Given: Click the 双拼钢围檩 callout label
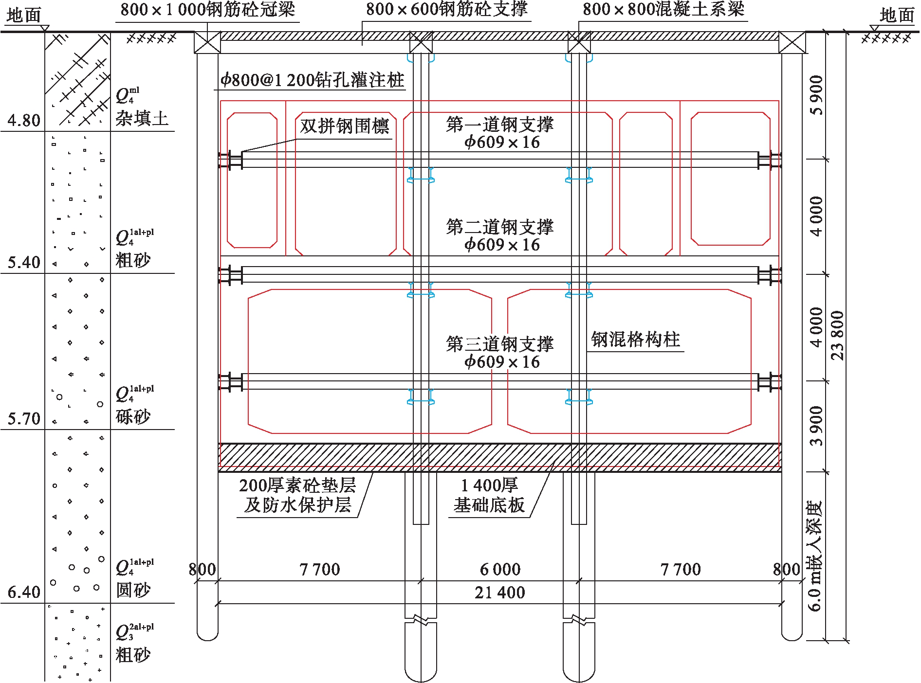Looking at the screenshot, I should tap(344, 126).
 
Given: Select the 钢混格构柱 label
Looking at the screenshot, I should tap(635, 340).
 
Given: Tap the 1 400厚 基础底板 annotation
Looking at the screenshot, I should tap(489, 495).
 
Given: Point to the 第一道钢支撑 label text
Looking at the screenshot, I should tap(500, 125).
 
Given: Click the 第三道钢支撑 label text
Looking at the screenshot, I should tap(500, 344).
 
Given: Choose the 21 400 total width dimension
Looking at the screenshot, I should tap(500, 593).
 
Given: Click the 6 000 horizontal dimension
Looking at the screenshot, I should tap(500, 569).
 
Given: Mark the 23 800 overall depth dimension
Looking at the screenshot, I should tap(837, 336).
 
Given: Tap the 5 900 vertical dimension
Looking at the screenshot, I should tap(816, 95).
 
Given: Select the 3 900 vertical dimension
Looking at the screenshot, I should tap(816, 426).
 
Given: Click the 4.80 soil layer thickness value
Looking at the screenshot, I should tap(24, 120).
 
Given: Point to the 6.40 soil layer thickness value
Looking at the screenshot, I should tap(24, 592).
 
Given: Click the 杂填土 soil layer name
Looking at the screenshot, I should tap(142, 119).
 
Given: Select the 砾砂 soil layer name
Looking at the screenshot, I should tap(133, 417).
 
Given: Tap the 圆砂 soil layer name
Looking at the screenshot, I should tap(133, 591).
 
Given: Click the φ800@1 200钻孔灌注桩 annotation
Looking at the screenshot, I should tap(312, 80).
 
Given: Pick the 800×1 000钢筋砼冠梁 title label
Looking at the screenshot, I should tap(207, 10).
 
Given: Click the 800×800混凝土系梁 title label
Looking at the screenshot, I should tap(663, 9).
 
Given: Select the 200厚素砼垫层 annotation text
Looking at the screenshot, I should tap(297, 485).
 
